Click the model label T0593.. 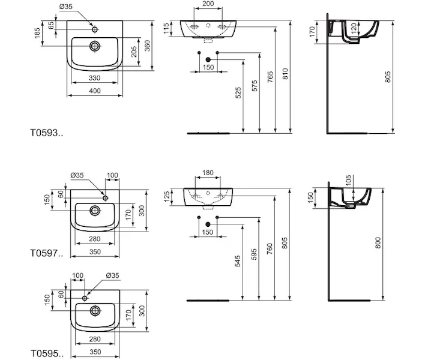coord(46,133)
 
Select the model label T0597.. coord(46,253)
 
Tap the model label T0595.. coord(46,353)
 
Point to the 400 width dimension coord(95,91)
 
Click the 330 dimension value coord(95,78)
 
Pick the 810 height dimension coord(285,74)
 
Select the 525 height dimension coord(238,92)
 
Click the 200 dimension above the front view coord(208,4)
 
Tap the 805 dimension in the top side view coord(388,77)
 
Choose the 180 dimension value coord(208,173)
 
